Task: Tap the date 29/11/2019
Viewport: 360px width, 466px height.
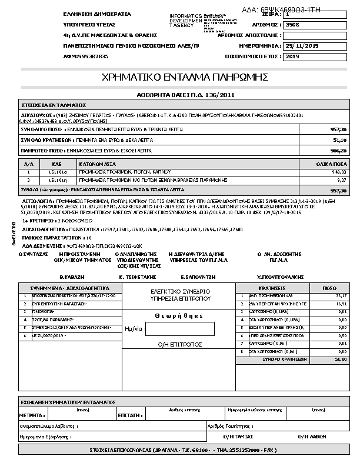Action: pyautogui.click(x=301, y=45)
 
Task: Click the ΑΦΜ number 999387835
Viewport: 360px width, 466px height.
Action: pyautogui.click(x=90, y=56)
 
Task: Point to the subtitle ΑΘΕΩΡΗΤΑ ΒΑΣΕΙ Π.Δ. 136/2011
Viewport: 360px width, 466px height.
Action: pyautogui.click(x=185, y=94)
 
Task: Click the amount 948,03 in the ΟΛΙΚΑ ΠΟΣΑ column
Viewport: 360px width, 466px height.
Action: pyautogui.click(x=339, y=172)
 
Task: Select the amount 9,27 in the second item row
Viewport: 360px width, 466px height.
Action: pyautogui.click(x=342, y=181)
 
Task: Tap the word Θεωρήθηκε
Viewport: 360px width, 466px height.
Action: pyautogui.click(x=179, y=315)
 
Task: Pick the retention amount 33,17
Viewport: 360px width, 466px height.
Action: pyautogui.click(x=342, y=296)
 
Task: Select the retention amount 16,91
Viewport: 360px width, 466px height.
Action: pyautogui.click(x=342, y=304)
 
